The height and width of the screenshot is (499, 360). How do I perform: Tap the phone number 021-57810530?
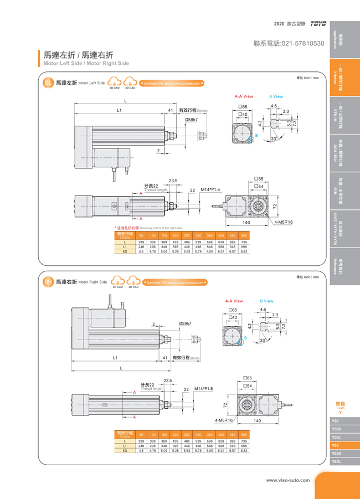(x=288, y=43)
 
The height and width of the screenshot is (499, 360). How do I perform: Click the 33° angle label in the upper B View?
(x=272, y=139)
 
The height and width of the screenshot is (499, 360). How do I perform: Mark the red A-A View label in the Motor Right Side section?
(x=234, y=301)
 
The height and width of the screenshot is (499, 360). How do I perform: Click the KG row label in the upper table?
(x=125, y=251)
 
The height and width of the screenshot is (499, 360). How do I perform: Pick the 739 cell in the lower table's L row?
(x=244, y=441)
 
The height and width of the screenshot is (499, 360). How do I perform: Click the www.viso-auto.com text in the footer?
(x=288, y=480)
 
